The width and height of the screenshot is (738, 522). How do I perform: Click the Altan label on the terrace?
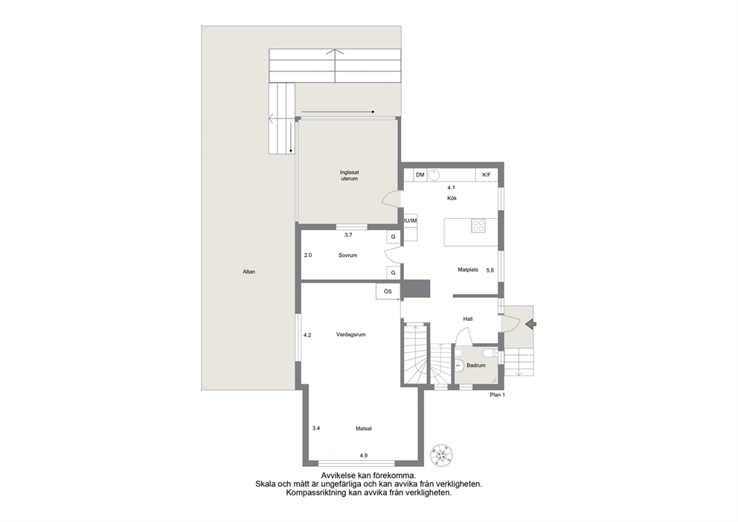point(248,272)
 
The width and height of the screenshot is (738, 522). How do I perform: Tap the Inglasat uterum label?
point(349,176)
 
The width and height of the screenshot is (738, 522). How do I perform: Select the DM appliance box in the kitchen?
point(420,175)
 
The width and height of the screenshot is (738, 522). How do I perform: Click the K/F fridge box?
point(487,175)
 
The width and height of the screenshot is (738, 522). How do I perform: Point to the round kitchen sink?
point(434,175)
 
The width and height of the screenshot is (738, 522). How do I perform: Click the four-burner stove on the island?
point(478,226)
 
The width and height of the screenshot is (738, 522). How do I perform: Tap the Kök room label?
point(452,198)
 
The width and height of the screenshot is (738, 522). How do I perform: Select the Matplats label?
point(468,270)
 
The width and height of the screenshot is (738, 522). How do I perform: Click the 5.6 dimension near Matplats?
point(490,270)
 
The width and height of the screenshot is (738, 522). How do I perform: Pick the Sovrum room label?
point(348,255)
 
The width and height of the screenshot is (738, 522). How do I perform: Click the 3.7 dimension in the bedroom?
point(348,235)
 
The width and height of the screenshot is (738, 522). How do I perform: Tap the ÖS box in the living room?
point(388,291)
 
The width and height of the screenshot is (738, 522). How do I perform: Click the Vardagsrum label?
point(350,334)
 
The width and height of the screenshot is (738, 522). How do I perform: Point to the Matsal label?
point(364,429)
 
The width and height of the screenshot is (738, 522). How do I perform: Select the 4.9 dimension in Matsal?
point(363,455)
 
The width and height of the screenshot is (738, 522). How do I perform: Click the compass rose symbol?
point(442,455)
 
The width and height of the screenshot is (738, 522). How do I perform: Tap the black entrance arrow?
point(531,324)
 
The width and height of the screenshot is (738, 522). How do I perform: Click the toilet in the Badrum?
point(488,352)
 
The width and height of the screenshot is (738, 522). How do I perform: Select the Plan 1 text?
point(497,395)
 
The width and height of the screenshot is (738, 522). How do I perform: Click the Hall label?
point(467,319)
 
